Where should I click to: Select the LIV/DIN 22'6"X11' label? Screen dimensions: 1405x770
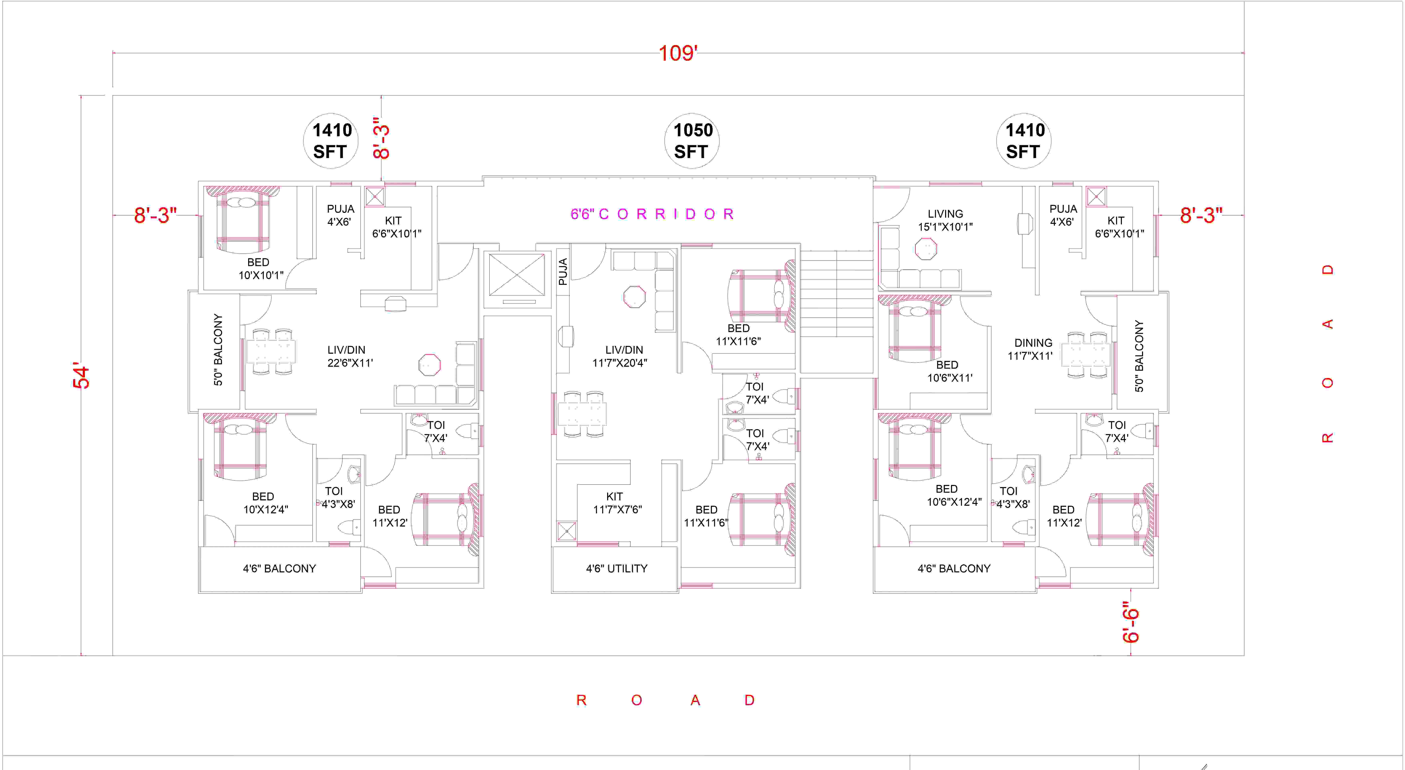[350, 356]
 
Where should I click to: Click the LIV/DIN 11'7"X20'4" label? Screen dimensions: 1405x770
[620, 356]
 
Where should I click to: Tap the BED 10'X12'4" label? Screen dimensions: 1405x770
[265, 503]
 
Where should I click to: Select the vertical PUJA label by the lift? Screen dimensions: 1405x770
[563, 272]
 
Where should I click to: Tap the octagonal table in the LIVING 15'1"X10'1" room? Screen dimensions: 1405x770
[926, 250]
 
